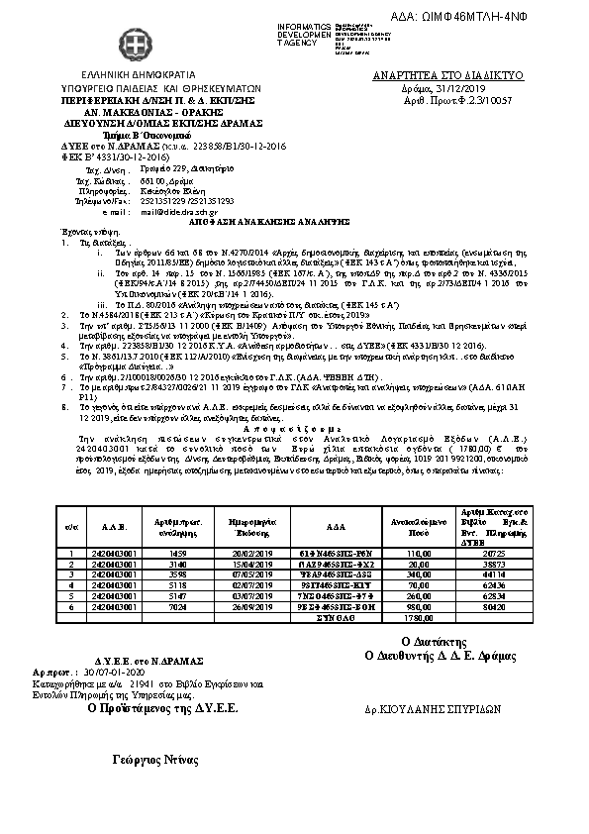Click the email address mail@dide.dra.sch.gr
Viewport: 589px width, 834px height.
tap(177, 212)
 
